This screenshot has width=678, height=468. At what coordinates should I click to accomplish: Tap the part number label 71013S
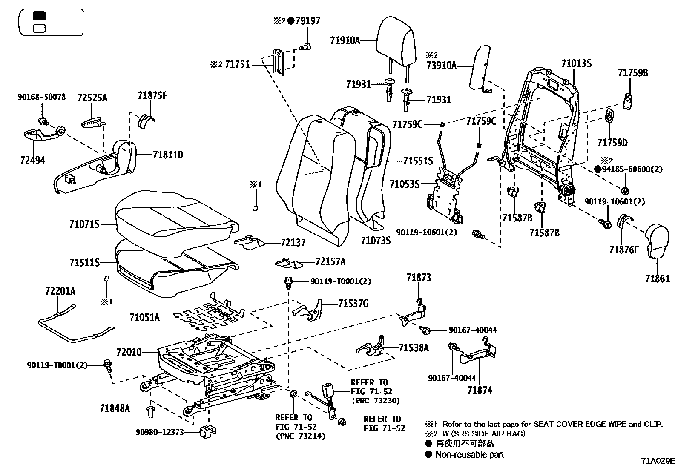[x=576, y=64]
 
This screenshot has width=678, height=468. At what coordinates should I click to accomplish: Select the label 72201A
[x=60, y=291]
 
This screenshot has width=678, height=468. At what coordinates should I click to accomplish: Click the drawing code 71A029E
[x=658, y=461]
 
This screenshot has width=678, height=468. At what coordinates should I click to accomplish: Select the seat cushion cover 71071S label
[x=84, y=224]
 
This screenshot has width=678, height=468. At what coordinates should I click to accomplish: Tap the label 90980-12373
[x=160, y=432]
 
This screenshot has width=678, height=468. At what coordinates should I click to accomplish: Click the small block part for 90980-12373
[x=207, y=431]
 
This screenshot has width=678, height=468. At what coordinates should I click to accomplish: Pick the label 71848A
[x=115, y=408]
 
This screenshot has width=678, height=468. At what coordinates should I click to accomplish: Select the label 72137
[x=293, y=243]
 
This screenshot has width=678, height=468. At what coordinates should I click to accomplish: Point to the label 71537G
[x=353, y=304]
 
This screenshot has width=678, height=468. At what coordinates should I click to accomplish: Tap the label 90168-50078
[x=42, y=97]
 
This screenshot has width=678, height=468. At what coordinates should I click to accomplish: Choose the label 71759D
[x=612, y=142]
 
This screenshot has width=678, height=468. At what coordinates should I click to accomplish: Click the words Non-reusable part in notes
[x=469, y=455]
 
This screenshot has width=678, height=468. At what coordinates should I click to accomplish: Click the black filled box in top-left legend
[x=40, y=17]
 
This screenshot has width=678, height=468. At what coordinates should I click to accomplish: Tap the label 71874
[x=480, y=390]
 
